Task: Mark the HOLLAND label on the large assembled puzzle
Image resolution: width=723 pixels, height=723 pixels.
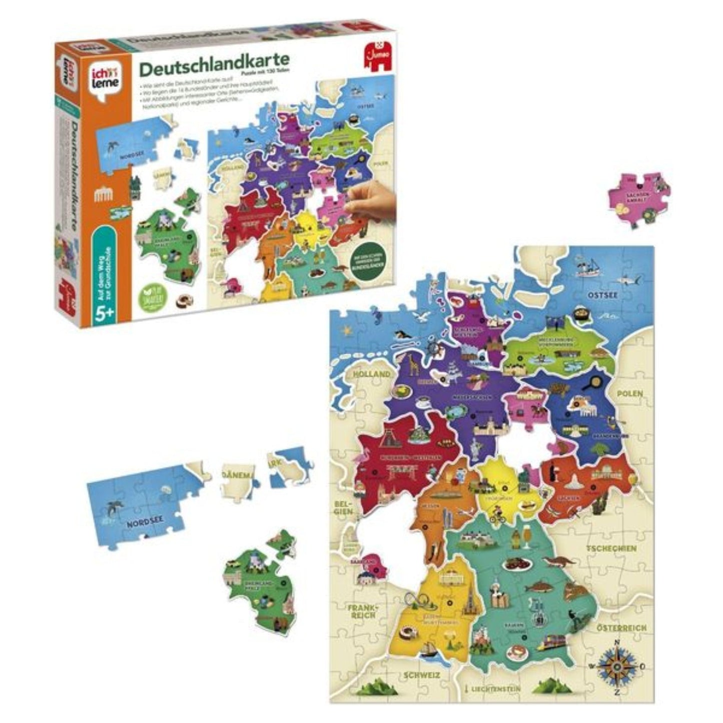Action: coord(371,374)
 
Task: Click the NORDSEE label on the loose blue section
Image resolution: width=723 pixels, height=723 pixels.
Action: coord(144,525)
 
